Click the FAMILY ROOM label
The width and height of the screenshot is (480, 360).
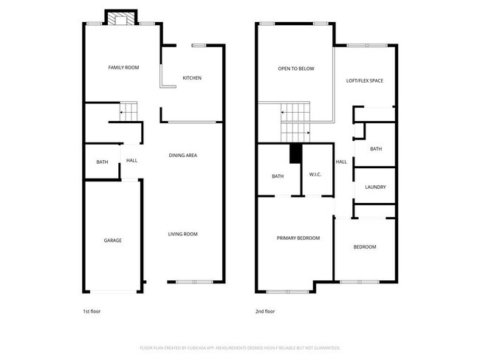tap(123, 68)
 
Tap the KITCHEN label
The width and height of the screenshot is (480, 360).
tap(192, 78)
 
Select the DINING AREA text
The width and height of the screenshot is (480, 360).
tap(182, 156)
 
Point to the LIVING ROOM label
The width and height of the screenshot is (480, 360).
tap(182, 234)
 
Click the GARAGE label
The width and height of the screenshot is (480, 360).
tap(112, 240)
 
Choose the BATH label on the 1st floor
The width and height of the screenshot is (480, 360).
tap(102, 162)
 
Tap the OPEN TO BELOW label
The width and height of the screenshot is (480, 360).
tap(295, 69)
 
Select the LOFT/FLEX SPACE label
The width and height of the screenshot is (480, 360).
tap(365, 80)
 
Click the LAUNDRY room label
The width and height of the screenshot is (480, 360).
tap(375, 187)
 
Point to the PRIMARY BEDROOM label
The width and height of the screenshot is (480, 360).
tap(298, 238)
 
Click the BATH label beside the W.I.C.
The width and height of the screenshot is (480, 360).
tap(278, 176)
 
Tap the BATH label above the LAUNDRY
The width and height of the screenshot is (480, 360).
tap(376, 149)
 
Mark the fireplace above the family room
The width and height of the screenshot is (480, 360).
tap(120, 18)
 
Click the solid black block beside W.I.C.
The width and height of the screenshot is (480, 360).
tap(295, 153)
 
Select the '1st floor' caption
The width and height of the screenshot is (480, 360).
tap(91, 311)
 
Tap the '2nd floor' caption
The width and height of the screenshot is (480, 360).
tap(265, 311)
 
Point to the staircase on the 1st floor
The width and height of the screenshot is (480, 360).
tap(128, 112)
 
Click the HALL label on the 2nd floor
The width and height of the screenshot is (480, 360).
tap(341, 162)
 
